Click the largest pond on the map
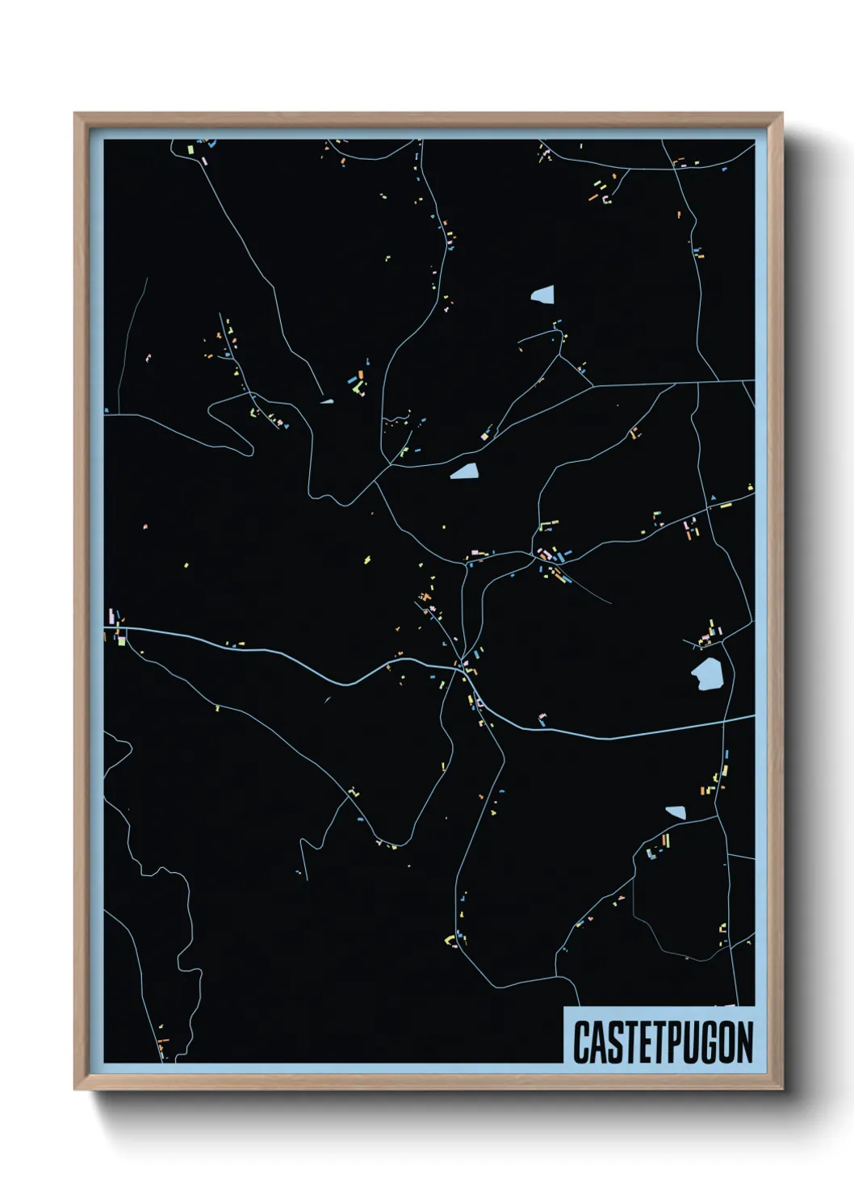(x=706, y=674)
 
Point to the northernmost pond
(x=543, y=295)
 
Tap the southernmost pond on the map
(x=676, y=812)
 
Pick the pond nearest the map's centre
(x=464, y=472)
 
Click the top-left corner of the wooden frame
(x=75, y=114)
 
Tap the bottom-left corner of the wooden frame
(x=75, y=1089)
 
